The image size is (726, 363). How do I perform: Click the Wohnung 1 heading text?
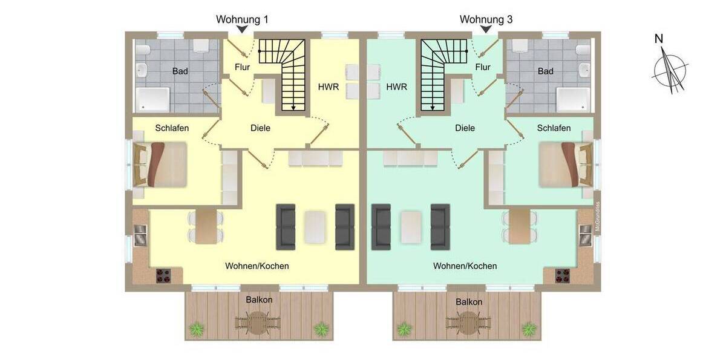(x=242, y=19)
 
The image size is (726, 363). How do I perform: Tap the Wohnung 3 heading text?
(x=486, y=19)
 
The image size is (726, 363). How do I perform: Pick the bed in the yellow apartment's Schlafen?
(x=161, y=163)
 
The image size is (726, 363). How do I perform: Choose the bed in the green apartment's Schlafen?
(x=565, y=163)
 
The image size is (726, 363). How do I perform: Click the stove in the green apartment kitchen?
(x=563, y=275)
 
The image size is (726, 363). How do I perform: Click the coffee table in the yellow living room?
(x=315, y=227)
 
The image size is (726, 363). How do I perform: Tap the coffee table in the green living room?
(x=411, y=227)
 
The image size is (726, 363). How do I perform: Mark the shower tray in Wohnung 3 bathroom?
(x=572, y=100)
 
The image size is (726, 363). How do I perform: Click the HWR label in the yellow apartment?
(x=328, y=87)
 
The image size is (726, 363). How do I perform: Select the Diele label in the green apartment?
(x=465, y=128)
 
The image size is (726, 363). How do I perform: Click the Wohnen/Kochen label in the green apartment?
(x=465, y=266)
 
